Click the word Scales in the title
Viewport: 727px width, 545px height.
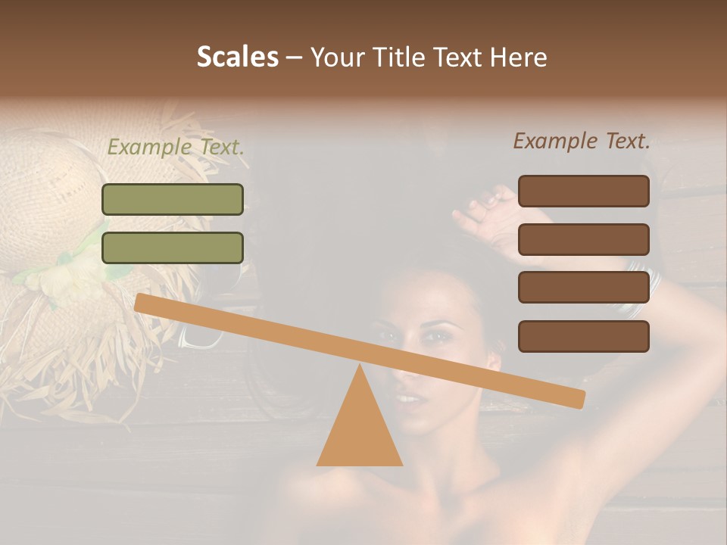click(x=237, y=57)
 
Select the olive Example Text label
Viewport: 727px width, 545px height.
click(x=176, y=148)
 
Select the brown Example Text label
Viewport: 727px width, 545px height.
click(x=582, y=141)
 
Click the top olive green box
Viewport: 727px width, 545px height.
click(x=173, y=200)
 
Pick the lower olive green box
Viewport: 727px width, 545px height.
click(x=173, y=248)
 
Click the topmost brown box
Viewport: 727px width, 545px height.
click(x=583, y=192)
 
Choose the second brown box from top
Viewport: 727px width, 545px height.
click(x=583, y=239)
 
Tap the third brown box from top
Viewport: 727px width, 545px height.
click(x=583, y=287)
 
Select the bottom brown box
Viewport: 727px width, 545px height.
click(x=583, y=336)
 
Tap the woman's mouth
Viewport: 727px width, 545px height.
click(x=409, y=397)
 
